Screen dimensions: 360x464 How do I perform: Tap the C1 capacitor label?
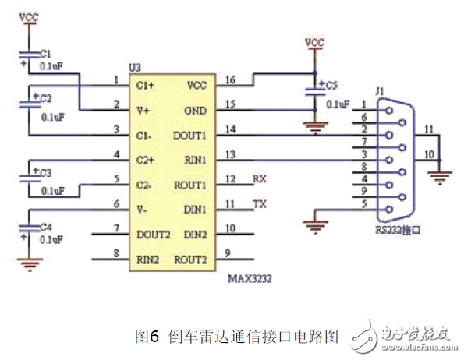45,54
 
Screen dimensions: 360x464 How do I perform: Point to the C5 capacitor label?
331,84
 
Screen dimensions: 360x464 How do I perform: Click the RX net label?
260,179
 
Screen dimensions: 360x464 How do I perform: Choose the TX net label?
260,205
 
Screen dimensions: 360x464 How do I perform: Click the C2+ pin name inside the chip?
146,161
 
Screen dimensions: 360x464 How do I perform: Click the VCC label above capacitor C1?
29,16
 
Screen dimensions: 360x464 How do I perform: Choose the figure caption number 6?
154,336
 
